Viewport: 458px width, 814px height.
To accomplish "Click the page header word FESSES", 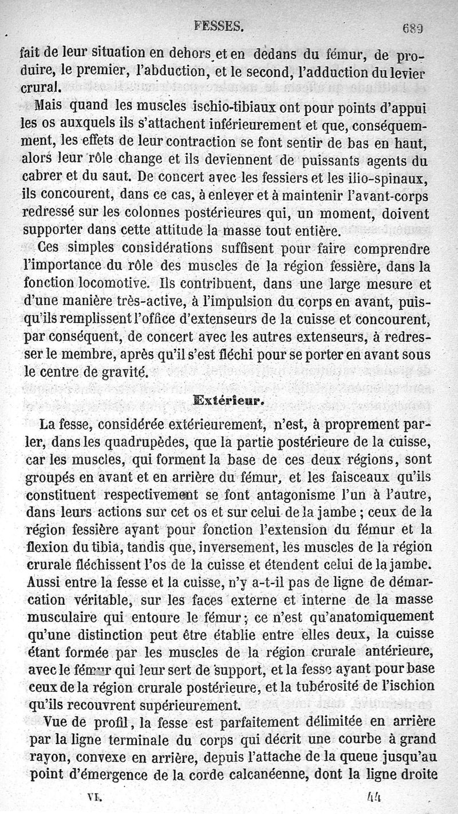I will coord(219,26).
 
